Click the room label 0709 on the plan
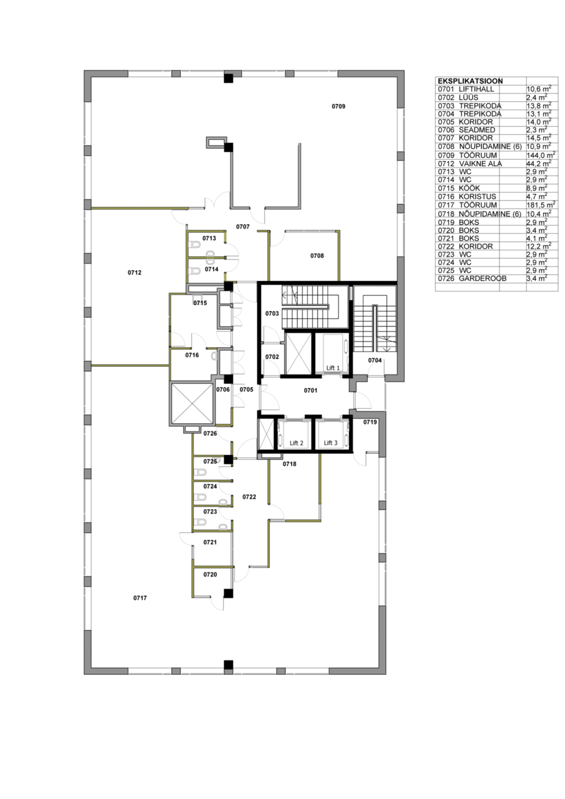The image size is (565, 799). click(x=338, y=106)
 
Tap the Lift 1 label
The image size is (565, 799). click(x=333, y=368)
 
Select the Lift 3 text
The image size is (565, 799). click(x=331, y=443)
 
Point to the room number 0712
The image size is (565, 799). click(x=134, y=273)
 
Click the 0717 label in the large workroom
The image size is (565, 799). click(x=140, y=598)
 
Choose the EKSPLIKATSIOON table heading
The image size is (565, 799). click(x=470, y=81)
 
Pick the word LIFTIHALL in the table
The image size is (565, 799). click(x=476, y=89)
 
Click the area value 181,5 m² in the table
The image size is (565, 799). click(x=541, y=205)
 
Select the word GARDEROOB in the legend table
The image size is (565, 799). click(x=483, y=278)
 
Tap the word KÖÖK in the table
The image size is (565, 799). click(x=469, y=188)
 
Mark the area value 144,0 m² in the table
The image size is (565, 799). click(x=541, y=155)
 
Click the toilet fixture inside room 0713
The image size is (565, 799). click(x=195, y=245)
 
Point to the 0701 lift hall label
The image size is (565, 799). click(x=310, y=391)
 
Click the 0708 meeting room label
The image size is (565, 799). click(x=317, y=256)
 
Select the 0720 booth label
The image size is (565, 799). click(x=210, y=575)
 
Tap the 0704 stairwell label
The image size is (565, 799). click(x=375, y=360)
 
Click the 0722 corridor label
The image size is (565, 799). click(x=249, y=497)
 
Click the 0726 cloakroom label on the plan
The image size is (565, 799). click(x=210, y=434)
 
